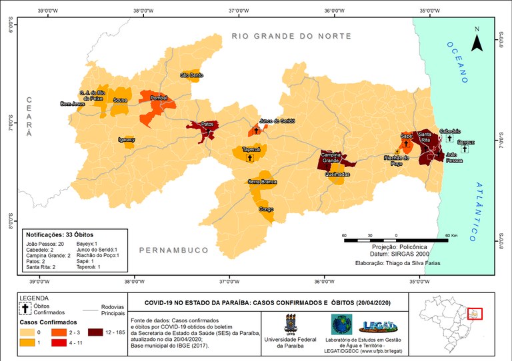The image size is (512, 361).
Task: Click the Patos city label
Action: (208, 124)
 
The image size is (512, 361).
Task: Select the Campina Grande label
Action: (332, 158)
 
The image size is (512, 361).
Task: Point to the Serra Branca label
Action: (262, 181)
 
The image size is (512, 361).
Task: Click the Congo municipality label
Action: (266, 209)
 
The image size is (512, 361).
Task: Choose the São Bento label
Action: (192, 75)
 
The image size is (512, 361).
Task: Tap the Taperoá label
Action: (251, 150)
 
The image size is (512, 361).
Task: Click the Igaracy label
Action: (126, 140)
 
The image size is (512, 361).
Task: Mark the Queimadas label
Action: (337, 174)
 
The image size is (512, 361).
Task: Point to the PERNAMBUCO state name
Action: (174, 250)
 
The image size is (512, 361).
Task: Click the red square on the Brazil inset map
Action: (475, 313)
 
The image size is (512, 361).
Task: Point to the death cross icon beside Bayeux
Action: (465, 149)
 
